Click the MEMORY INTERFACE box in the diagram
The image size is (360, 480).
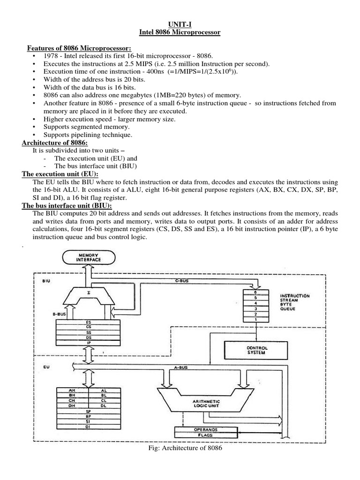pos(85,257)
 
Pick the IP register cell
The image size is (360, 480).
pos(89,343)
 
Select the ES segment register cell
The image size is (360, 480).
pos(89,322)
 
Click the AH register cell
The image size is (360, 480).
pos(71,390)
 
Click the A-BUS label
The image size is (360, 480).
pos(180,368)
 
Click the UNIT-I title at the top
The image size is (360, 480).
pos(180,23)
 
